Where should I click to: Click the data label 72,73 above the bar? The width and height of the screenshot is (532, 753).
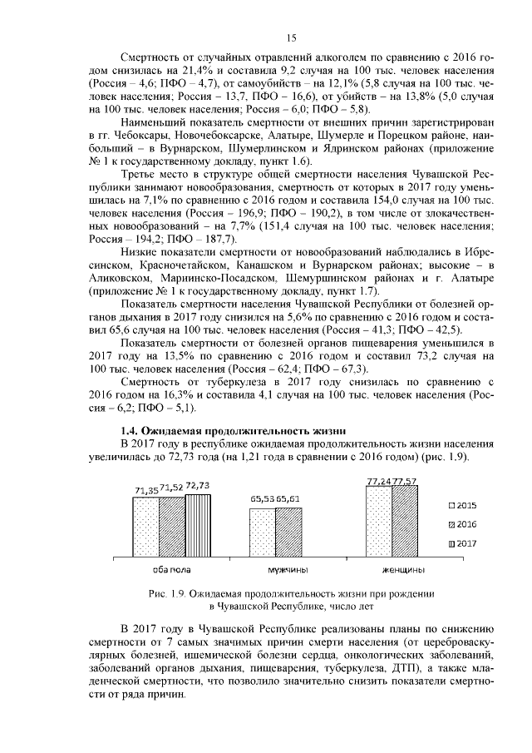click(x=198, y=485)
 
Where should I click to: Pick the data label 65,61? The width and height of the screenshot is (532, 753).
click(x=288, y=498)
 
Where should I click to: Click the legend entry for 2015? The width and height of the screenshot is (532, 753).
click(x=464, y=506)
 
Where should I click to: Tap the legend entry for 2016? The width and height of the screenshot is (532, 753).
click(x=464, y=524)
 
